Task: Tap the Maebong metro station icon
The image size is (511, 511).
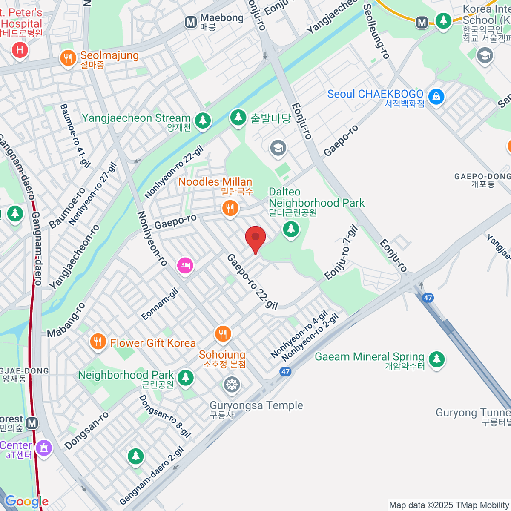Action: (x=191, y=22)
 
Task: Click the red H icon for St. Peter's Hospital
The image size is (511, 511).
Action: (x=20, y=50)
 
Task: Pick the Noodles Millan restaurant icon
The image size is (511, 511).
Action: (x=230, y=208)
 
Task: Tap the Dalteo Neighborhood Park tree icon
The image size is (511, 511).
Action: (x=291, y=229)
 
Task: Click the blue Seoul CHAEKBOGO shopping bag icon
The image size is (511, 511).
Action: (x=436, y=97)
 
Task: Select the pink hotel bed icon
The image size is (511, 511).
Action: (x=185, y=266)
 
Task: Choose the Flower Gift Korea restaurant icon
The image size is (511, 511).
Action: (x=98, y=342)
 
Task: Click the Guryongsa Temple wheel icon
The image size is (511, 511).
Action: (x=232, y=385)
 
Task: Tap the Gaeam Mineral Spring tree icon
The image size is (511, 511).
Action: (x=436, y=359)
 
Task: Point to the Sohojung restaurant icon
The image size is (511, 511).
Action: (x=223, y=334)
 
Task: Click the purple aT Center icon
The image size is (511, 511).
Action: (x=43, y=448)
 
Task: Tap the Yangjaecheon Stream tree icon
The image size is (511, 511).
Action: (x=203, y=121)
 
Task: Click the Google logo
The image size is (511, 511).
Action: (x=26, y=502)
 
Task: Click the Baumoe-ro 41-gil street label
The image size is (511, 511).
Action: (x=75, y=135)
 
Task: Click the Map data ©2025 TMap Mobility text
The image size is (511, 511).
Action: (x=449, y=505)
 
